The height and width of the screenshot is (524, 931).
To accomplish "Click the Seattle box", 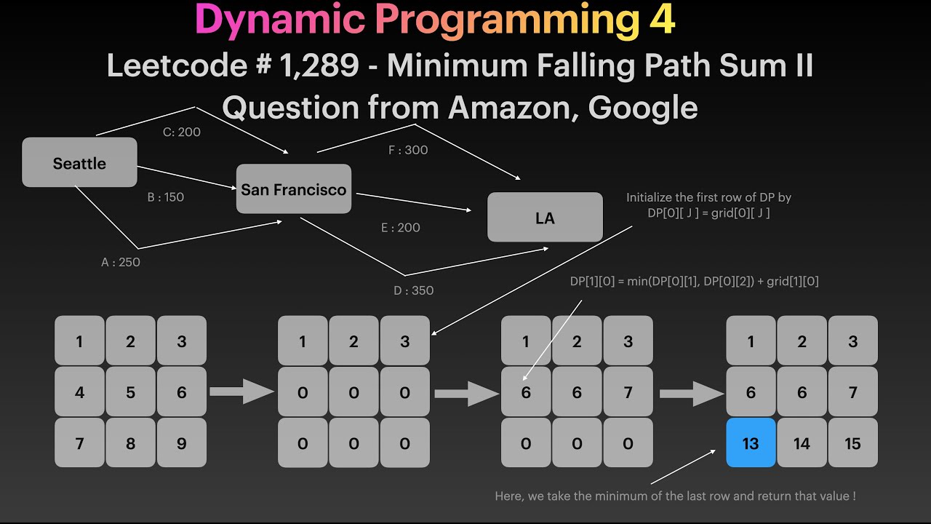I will click(79, 163).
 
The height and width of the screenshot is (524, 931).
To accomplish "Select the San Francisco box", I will click(293, 189).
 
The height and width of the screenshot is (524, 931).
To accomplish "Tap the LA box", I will click(545, 218).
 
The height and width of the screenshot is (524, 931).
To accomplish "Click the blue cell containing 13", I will click(751, 443).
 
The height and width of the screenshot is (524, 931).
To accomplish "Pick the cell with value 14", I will click(802, 443).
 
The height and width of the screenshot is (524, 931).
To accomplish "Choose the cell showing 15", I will click(852, 443).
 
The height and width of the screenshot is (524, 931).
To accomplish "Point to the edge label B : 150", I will click(166, 197).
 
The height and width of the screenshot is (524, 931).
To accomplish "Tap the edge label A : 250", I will click(121, 263).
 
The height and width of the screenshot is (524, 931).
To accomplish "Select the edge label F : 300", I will click(408, 151).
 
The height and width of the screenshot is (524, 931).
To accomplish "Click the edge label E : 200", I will click(401, 228).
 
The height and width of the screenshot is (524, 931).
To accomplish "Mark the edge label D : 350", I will click(413, 291).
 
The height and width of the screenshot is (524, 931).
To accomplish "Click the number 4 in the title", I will click(661, 20).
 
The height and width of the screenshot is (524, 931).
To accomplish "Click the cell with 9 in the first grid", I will click(182, 443).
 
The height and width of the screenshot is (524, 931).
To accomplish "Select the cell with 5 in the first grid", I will click(130, 392).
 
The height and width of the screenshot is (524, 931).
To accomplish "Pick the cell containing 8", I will click(130, 443).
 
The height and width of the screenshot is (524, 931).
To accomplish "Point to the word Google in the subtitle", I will click(643, 108).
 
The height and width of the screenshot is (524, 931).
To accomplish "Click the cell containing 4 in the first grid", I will click(79, 392).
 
